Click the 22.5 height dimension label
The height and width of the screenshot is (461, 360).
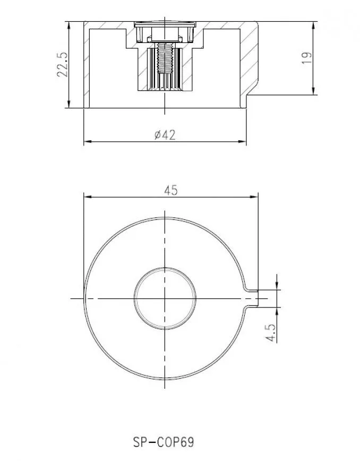[62, 64]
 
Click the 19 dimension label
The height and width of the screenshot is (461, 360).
[306, 58]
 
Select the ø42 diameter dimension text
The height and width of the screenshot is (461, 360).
[165, 135]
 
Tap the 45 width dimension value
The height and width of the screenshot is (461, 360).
[171, 191]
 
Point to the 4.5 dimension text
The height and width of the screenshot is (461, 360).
[271, 332]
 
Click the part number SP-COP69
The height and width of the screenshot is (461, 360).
[164, 442]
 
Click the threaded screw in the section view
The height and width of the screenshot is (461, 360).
[165, 57]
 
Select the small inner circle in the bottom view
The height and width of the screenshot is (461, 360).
[165, 298]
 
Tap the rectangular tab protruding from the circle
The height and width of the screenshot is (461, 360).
[252, 298]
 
